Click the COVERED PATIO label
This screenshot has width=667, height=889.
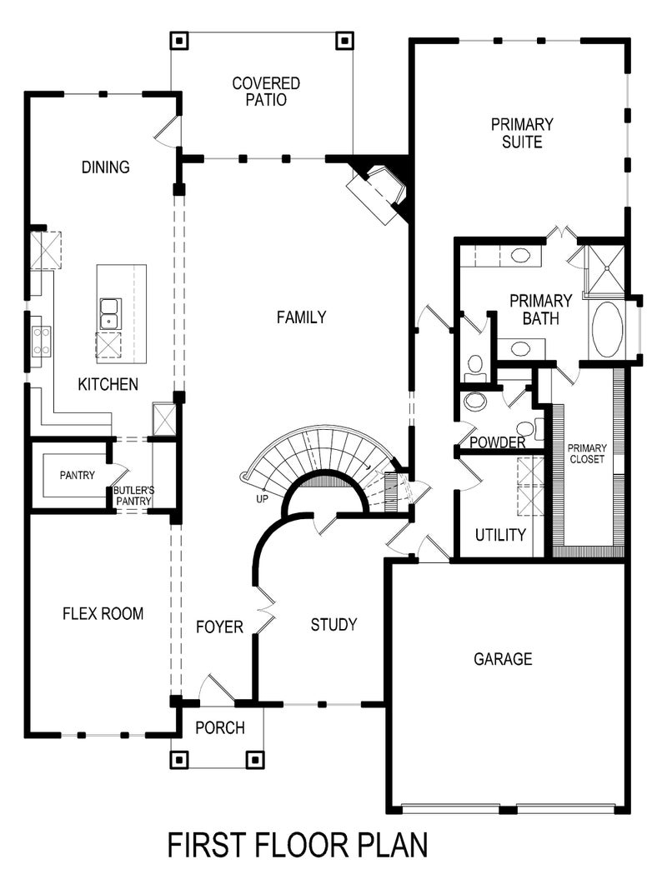[266, 92]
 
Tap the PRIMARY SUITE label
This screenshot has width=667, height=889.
[522, 133]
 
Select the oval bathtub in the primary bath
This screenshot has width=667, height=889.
[607, 329]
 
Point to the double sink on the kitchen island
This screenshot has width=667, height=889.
[109, 313]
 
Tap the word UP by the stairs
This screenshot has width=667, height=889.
[263, 499]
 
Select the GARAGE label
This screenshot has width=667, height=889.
[503, 659]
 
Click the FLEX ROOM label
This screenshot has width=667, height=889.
[103, 614]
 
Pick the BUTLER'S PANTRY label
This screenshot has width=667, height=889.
[134, 496]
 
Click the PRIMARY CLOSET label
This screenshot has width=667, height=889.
[587, 453]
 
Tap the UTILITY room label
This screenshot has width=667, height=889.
[500, 535]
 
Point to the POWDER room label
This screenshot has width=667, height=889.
[498, 442]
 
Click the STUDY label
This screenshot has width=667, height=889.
[333, 624]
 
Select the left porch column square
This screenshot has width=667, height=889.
[178, 759]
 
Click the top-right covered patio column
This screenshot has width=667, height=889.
[344, 39]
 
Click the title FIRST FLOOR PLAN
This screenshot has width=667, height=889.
[298, 845]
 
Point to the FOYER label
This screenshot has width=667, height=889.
[219, 627]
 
